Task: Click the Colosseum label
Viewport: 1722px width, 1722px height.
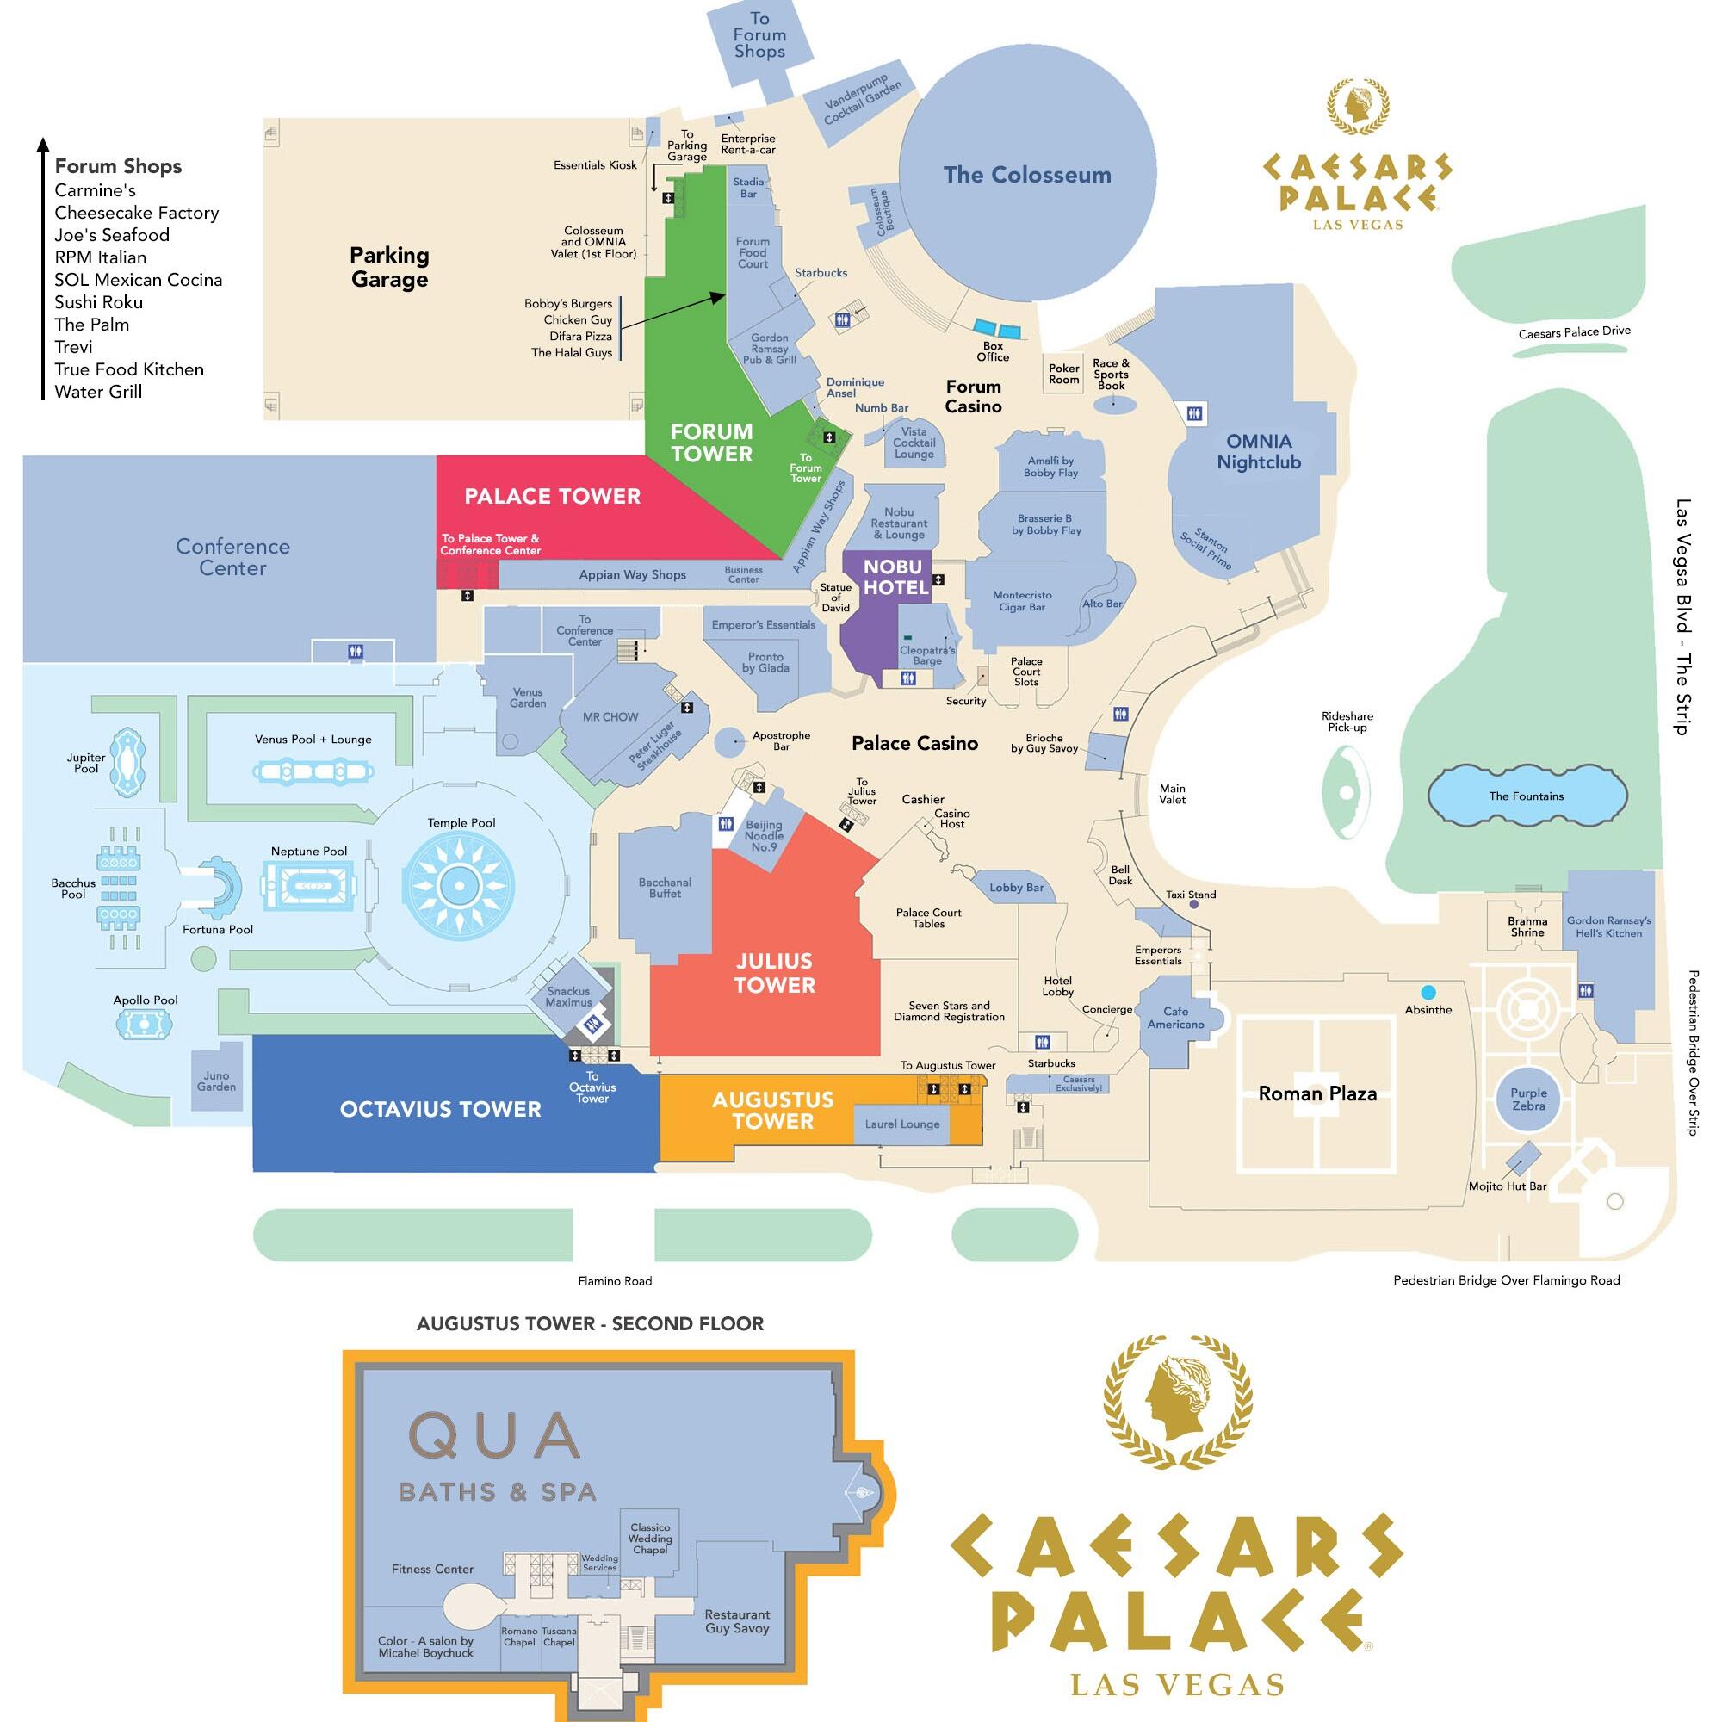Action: [x=1027, y=175]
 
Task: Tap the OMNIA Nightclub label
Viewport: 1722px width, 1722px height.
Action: [x=1259, y=451]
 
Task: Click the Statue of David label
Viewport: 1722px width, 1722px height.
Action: [x=835, y=598]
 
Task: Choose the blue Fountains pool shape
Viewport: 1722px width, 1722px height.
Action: [x=1527, y=796]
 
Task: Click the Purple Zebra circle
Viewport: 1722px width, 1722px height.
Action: [x=1528, y=1099]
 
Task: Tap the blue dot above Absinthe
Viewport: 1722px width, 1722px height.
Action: [x=1428, y=992]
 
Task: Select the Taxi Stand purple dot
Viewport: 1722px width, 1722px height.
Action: [x=1193, y=905]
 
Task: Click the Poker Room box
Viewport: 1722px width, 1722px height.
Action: [x=1063, y=374]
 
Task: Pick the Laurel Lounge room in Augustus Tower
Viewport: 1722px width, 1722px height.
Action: [x=902, y=1124]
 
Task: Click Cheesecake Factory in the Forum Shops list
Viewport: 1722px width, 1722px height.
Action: [x=136, y=212]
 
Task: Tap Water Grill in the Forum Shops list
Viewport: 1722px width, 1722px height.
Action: [x=98, y=391]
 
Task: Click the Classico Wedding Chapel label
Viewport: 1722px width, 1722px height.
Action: [x=650, y=1539]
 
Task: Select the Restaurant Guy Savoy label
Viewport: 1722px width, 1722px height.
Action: [x=736, y=1621]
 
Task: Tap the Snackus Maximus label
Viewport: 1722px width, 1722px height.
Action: [x=568, y=996]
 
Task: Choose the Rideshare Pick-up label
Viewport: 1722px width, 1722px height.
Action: [x=1347, y=722]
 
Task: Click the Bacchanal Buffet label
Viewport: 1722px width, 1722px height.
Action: [x=665, y=888]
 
